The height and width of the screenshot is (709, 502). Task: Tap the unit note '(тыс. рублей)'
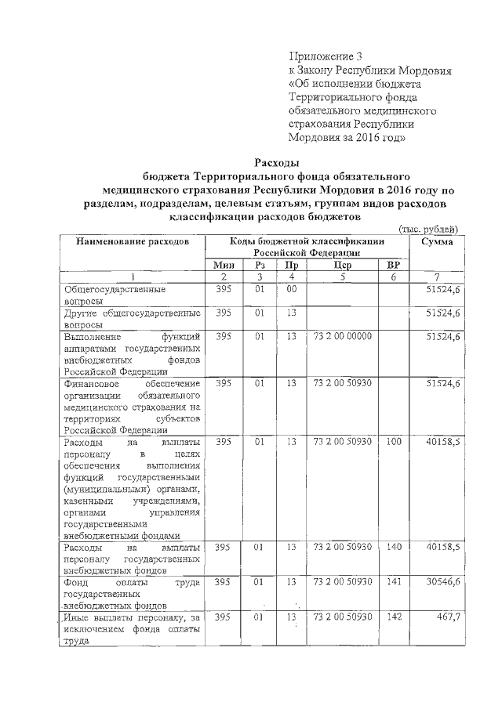click(429, 228)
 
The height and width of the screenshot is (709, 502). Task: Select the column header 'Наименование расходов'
click(133, 242)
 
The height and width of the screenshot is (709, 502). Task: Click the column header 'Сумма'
click(437, 242)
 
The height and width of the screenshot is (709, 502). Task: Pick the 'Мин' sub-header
click(224, 265)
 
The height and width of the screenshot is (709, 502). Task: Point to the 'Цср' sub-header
click(342, 265)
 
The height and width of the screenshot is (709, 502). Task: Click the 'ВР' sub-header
click(393, 265)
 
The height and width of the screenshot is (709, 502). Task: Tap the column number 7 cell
click(437, 277)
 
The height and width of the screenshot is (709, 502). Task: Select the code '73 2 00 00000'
click(342, 336)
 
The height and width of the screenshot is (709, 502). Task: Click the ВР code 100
click(393, 442)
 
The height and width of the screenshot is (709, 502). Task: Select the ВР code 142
click(393, 618)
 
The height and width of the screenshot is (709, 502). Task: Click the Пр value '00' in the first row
click(291, 289)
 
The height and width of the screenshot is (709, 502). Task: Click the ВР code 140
click(393, 546)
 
